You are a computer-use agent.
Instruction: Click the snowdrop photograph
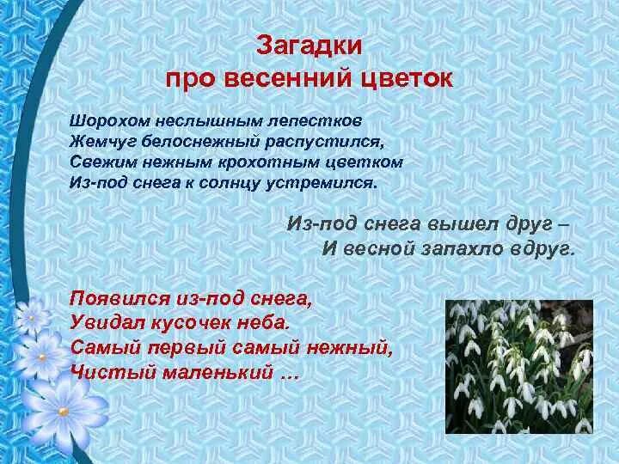point(518,366)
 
